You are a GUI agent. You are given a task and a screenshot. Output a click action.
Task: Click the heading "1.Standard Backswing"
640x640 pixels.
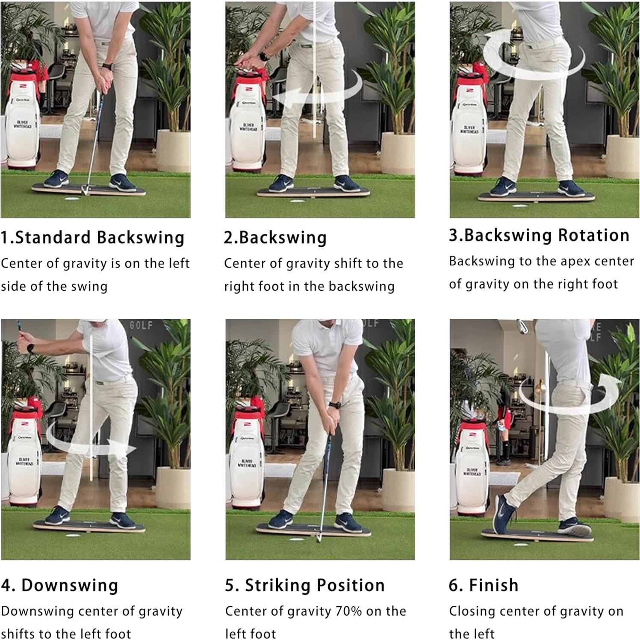coord(93,237)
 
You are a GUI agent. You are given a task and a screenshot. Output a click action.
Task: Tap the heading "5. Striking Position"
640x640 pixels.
coord(305,585)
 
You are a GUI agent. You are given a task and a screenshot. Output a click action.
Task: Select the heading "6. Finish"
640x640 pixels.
coord(484,585)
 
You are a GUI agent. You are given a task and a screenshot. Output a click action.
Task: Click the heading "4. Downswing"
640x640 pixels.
coord(59,585)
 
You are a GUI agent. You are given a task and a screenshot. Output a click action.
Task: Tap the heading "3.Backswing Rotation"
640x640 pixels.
coord(539,236)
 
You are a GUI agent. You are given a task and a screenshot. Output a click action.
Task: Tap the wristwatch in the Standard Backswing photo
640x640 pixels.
coord(107,66)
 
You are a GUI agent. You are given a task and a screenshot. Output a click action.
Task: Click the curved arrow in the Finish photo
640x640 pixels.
coord(569,393)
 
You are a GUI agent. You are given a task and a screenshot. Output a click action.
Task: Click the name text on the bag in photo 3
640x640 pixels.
coord(469,129)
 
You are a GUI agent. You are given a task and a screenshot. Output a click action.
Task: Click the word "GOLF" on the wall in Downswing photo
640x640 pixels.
coord(141,325)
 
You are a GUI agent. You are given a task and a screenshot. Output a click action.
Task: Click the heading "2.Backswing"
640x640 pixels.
coord(275,237)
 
